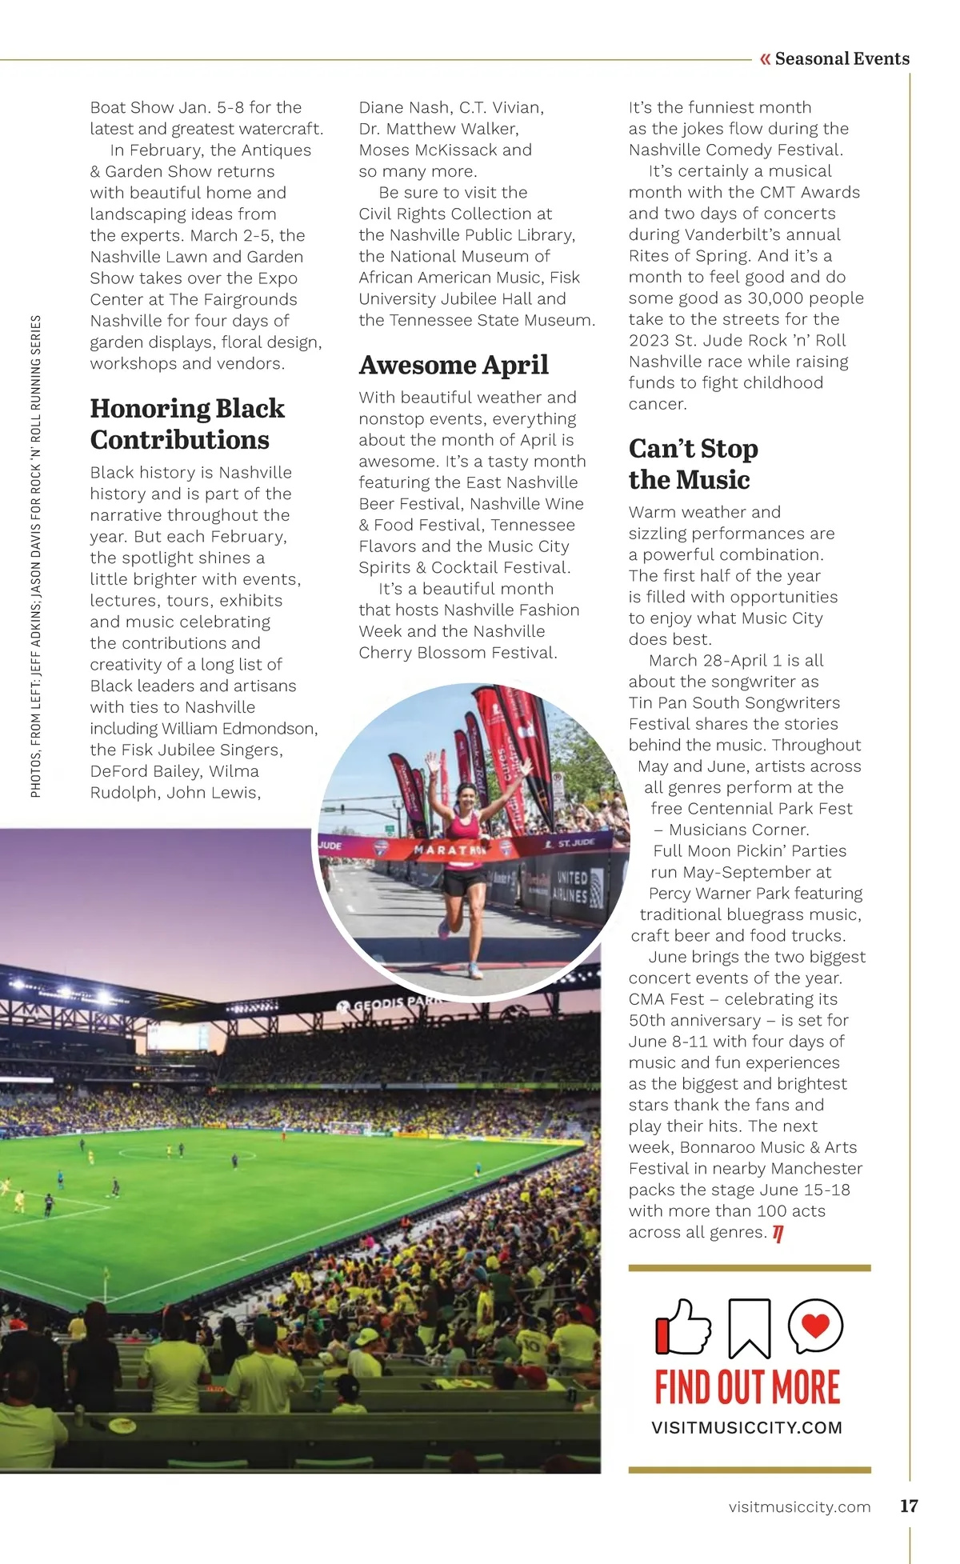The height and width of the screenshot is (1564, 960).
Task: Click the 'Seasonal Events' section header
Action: [x=842, y=58]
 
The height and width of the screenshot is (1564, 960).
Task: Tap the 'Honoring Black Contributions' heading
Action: [x=187, y=424]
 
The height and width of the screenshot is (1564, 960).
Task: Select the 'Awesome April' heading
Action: [x=454, y=365]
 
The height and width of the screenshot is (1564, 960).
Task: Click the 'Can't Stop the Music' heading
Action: [x=693, y=464]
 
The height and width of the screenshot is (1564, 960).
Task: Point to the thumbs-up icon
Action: [x=683, y=1327]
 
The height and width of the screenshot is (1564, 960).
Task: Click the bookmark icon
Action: [x=749, y=1328]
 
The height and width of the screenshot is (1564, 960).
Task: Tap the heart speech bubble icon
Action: [x=815, y=1326]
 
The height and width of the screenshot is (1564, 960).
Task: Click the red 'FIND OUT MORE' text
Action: [x=747, y=1388]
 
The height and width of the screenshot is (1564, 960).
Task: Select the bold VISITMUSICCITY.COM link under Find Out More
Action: [x=747, y=1428]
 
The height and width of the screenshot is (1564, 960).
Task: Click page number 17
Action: [x=909, y=1506]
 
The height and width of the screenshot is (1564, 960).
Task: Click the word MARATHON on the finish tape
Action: [x=450, y=850]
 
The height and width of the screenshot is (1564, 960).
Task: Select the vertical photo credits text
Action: [x=36, y=556]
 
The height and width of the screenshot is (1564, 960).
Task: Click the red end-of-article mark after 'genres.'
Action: [x=778, y=1234]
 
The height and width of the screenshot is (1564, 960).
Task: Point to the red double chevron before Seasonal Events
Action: [x=765, y=58]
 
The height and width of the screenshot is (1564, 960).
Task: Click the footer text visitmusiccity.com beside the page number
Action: [x=799, y=1506]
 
